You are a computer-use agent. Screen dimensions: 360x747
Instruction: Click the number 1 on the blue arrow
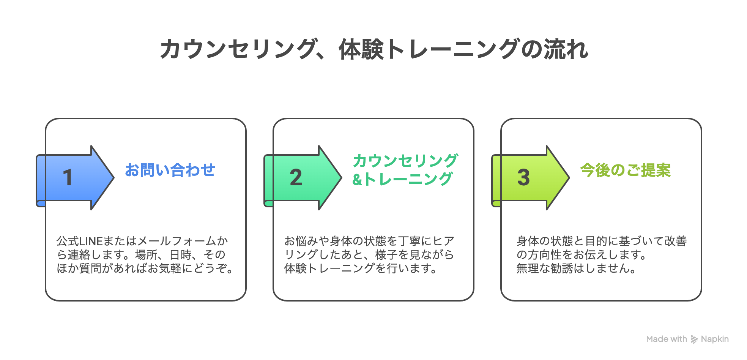(x=68, y=178)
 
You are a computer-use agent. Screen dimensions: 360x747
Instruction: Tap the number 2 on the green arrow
(x=296, y=178)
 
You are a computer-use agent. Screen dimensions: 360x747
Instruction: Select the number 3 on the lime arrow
(x=523, y=178)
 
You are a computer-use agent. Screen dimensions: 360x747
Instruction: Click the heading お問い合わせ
(x=170, y=170)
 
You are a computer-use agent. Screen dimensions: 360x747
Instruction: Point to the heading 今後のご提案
(x=625, y=170)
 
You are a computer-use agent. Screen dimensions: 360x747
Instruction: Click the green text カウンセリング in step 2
(x=405, y=161)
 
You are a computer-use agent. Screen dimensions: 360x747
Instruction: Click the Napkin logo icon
(x=694, y=339)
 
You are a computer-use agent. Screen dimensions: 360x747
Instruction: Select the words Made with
(x=667, y=339)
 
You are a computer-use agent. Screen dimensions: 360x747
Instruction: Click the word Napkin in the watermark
(x=715, y=339)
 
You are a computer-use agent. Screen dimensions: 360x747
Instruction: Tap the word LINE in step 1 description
(x=91, y=241)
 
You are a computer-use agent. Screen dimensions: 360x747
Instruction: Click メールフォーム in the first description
(x=171, y=241)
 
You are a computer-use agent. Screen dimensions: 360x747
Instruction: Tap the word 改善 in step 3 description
(x=676, y=241)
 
